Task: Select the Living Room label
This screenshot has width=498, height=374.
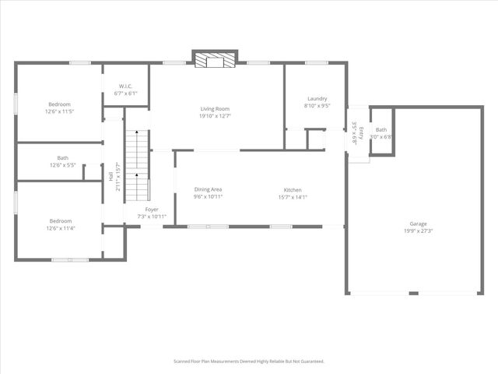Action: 216,109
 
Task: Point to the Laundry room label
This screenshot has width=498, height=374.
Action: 317,98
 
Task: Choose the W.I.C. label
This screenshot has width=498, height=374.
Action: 125,86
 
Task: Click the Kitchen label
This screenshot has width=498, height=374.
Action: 293,189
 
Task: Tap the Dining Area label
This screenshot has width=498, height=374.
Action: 209,189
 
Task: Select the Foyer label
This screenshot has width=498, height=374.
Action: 152,209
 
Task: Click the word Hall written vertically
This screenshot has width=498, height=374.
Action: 110,177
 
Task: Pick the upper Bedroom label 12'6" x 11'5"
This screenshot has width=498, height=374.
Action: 60,104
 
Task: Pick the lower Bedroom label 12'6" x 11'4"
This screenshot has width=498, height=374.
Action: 60,221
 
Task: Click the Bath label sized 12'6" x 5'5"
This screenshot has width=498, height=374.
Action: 62,158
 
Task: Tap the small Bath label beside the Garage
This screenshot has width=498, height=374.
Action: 381,130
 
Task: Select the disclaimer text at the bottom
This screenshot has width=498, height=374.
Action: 248,362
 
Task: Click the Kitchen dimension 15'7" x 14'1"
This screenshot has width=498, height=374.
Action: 293,196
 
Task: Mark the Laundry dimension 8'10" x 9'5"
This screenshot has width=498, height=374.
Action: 317,105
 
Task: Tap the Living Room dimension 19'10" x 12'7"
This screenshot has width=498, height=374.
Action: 216,116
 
